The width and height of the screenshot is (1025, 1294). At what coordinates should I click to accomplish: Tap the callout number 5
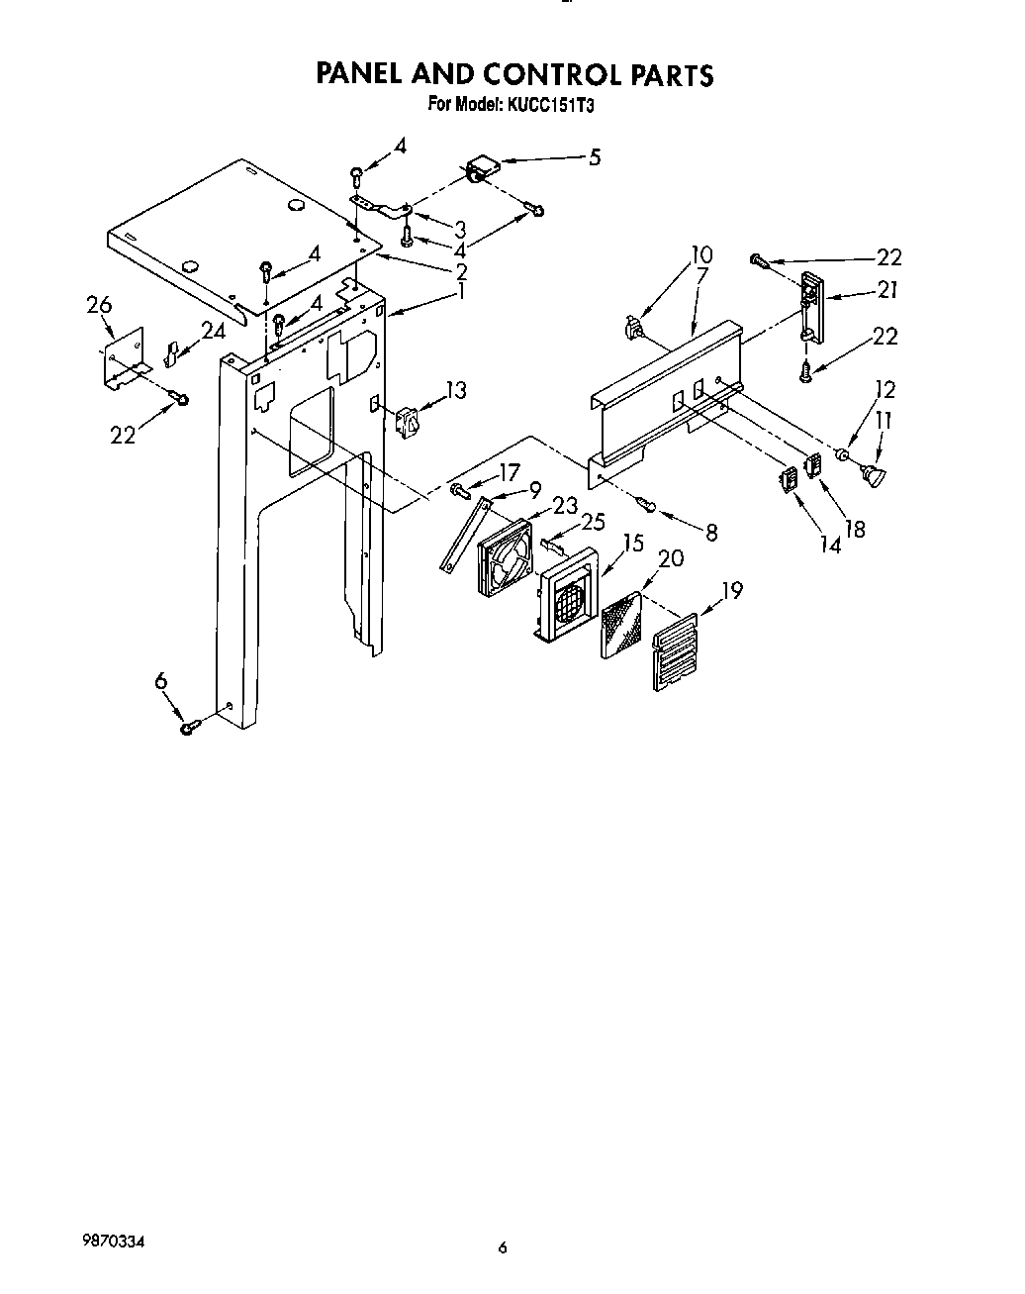594,156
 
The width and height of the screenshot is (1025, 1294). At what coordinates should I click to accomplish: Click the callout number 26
99,306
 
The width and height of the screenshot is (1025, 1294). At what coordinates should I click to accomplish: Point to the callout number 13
455,390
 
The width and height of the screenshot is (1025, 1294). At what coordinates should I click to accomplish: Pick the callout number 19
732,591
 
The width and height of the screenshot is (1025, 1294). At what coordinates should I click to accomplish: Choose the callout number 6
160,680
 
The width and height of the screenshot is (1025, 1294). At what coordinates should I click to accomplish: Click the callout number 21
886,290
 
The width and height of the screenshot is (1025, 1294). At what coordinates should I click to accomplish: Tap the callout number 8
710,532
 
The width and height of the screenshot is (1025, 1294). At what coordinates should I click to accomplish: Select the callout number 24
213,332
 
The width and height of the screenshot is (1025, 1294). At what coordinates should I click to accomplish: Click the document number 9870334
115,1242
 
